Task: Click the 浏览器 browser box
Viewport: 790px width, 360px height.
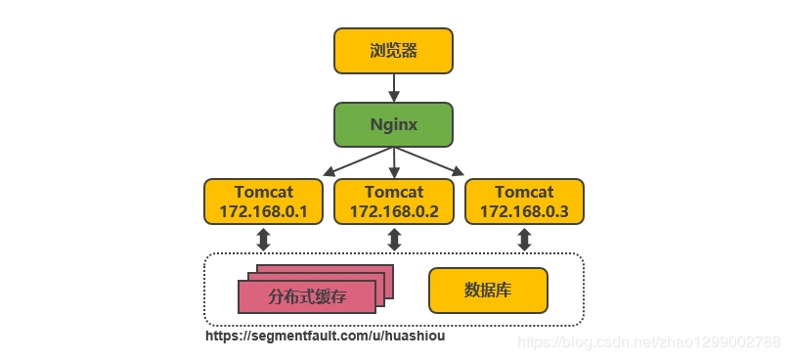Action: [394, 51]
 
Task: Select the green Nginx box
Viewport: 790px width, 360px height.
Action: [394, 125]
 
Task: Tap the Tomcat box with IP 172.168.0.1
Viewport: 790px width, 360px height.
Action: [263, 202]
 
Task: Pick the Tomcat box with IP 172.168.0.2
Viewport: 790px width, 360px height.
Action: [394, 202]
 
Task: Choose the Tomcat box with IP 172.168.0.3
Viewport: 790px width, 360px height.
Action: [524, 202]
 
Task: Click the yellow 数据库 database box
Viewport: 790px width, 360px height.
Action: [488, 291]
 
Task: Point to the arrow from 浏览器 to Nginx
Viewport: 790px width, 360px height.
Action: [394, 88]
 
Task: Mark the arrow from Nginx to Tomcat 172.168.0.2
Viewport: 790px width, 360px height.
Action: [394, 163]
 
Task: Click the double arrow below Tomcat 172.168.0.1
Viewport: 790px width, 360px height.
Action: [263, 240]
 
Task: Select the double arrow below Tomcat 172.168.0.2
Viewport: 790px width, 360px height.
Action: [394, 240]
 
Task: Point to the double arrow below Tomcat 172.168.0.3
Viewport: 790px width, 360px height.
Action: [524, 240]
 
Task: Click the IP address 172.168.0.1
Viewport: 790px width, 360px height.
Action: [263, 211]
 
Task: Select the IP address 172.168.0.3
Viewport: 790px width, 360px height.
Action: [524, 211]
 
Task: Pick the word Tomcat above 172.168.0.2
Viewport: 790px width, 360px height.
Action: [394, 193]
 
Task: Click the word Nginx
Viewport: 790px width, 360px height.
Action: [394, 125]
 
